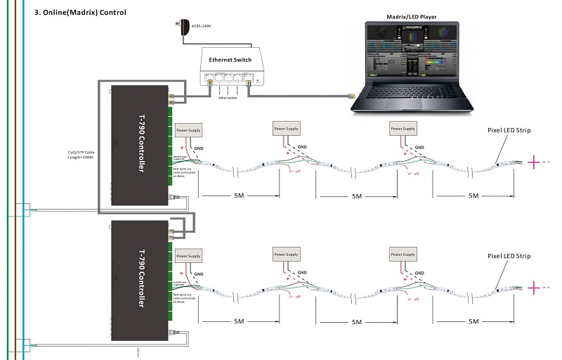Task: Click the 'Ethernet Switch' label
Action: coord(231,60)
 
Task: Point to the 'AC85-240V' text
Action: coord(201,27)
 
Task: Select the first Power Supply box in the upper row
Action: coord(188,131)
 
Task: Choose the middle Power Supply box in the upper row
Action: coord(286,129)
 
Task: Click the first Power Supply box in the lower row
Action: coord(188,256)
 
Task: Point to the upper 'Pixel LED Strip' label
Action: coord(509,131)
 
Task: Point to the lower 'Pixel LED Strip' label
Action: coord(509,256)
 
